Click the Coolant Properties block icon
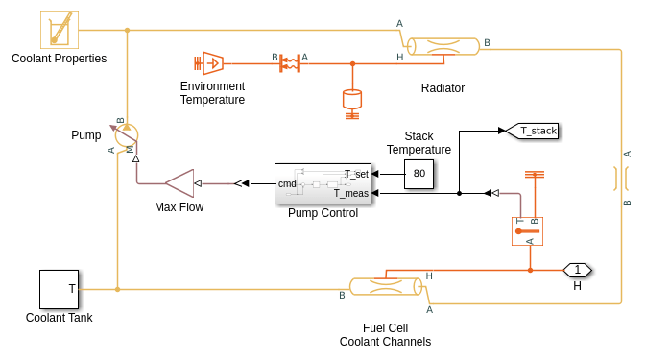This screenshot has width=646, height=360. click(x=60, y=30)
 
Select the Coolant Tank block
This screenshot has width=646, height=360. click(x=59, y=289)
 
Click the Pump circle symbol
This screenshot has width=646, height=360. click(x=127, y=135)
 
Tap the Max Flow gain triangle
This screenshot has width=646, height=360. click(x=179, y=183)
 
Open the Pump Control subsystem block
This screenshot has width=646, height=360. click(x=323, y=183)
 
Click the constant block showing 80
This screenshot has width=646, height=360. click(x=419, y=174)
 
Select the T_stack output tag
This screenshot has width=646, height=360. click(x=532, y=131)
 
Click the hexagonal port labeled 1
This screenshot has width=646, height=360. click(x=577, y=270)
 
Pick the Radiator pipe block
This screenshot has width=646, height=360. click(x=443, y=46)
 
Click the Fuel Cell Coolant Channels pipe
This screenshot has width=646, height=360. click(x=386, y=286)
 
